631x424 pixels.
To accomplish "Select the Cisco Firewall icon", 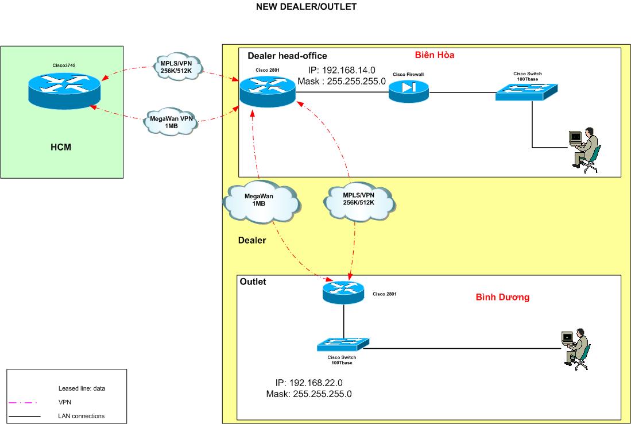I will (408, 91).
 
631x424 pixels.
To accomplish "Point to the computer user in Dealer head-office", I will (584, 148).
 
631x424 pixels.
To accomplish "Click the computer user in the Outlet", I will (576, 348).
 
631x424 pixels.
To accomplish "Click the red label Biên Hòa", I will (435, 55).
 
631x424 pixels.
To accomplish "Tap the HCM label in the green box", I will (61, 147).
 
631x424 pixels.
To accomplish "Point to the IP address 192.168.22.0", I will (309, 383).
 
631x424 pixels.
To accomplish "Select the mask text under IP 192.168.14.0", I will (342, 82).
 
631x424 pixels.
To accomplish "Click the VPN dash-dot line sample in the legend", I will (24, 403).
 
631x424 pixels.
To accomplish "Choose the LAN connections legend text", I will (82, 415).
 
